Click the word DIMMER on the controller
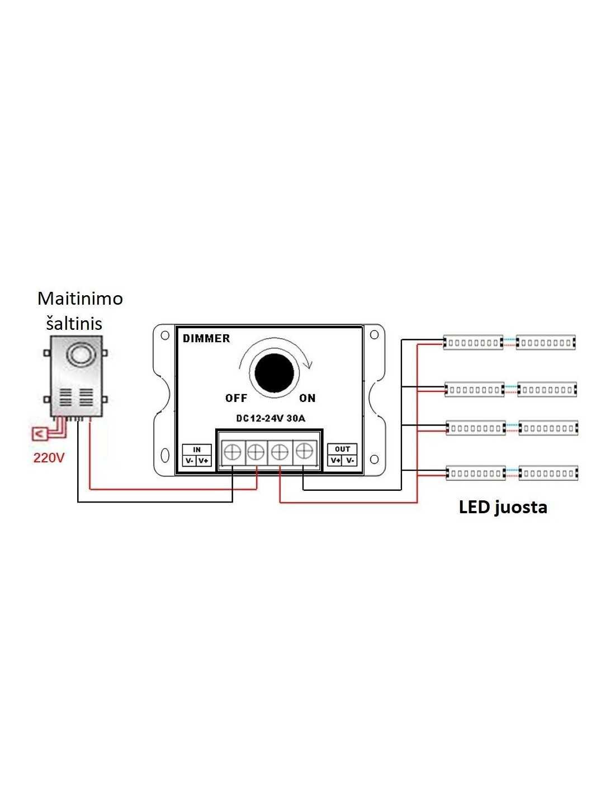[x=206, y=338]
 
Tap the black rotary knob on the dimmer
[x=274, y=373]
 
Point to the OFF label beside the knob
[x=236, y=397]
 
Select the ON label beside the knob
[x=307, y=397]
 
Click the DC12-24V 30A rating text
[x=271, y=418]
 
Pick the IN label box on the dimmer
[x=197, y=449]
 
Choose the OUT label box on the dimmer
[x=342, y=449]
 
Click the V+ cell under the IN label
[x=204, y=460]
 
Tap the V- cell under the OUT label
[x=350, y=460]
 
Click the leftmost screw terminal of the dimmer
[x=233, y=452]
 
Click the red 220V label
[x=49, y=458]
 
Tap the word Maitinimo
[x=80, y=299]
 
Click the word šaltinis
[x=74, y=323]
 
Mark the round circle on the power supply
[x=79, y=354]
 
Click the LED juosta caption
[x=503, y=508]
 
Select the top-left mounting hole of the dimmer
[x=165, y=335]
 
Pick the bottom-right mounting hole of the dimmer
[x=374, y=459]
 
